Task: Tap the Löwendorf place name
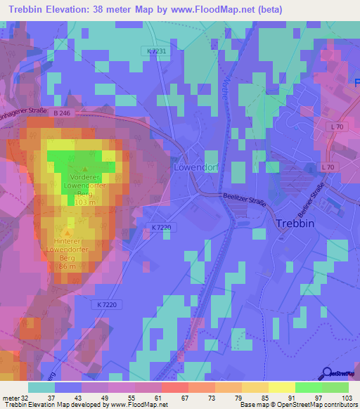coord(196,169)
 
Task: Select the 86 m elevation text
coord(67,267)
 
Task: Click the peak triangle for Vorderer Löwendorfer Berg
coord(85,169)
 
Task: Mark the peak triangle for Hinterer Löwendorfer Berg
coord(67,231)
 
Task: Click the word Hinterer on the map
coord(66,240)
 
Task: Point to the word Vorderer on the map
coord(84,178)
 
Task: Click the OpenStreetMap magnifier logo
coord(328,372)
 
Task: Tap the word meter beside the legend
coord(11,398)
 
